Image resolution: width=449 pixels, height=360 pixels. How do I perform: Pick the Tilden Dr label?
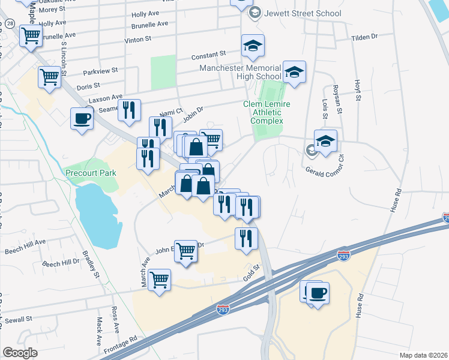(364, 37)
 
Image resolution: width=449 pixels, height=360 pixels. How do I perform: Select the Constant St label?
(208, 55)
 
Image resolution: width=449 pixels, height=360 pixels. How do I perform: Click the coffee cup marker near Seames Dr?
(82, 118)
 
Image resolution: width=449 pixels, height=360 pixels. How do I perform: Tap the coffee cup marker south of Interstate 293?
(318, 293)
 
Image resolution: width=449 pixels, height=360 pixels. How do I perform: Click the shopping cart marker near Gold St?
(160, 280)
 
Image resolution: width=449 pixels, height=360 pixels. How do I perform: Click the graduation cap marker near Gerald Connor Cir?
(326, 141)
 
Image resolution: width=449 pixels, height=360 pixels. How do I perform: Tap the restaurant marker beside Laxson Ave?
(129, 110)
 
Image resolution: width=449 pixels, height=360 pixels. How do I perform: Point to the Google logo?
(20, 353)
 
